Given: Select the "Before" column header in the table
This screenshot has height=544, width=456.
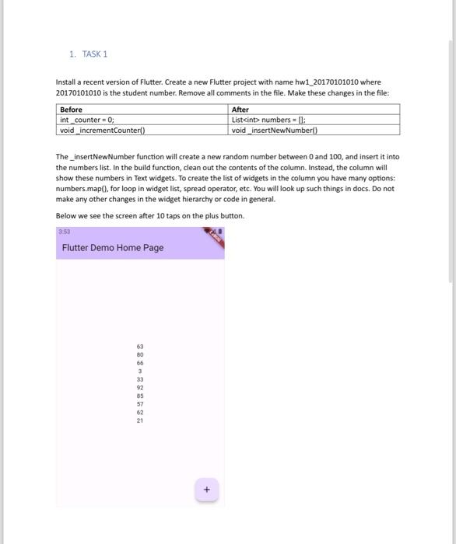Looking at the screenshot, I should pyautogui.click(x=72, y=110).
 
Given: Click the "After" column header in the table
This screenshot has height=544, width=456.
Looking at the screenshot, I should pyautogui.click(x=240, y=110).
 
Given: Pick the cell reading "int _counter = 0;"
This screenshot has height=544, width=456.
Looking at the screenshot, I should pyautogui.click(x=87, y=120).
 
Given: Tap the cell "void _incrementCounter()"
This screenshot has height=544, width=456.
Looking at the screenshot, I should pyautogui.click(x=102, y=130).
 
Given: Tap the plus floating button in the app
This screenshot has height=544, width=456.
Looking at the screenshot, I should pyautogui.click(x=206, y=490).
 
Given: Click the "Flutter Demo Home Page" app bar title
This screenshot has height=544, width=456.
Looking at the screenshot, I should pyautogui.click(x=113, y=247).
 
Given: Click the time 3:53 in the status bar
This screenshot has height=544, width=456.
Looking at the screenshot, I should pyautogui.click(x=63, y=232).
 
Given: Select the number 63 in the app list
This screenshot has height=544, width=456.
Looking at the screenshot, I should pyautogui.click(x=140, y=347).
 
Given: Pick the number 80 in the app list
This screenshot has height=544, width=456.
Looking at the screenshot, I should pyautogui.click(x=140, y=355).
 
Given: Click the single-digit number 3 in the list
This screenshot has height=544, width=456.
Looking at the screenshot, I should pyautogui.click(x=140, y=371).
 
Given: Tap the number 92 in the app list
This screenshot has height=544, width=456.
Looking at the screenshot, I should pyautogui.click(x=140, y=388).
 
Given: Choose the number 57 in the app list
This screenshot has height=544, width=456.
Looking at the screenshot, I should pyautogui.click(x=140, y=404).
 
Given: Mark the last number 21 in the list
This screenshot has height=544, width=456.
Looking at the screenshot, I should pyautogui.click(x=140, y=420).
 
